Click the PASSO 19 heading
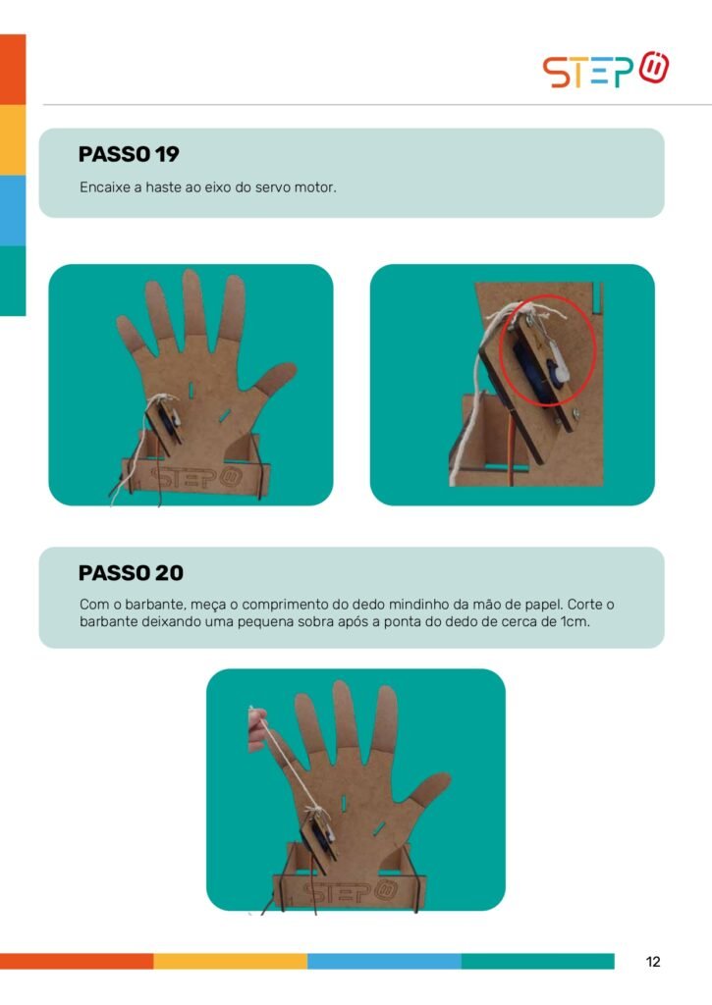point(129,154)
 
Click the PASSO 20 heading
point(131,572)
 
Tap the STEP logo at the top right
point(606,70)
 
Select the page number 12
point(653,962)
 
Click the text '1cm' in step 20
point(575,621)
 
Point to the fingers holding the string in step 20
point(256,730)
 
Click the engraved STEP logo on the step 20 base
point(351,891)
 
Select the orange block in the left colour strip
point(13,70)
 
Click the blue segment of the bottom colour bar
point(384,961)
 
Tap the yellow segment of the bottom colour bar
point(230,961)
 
